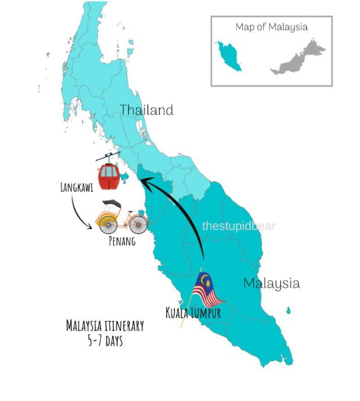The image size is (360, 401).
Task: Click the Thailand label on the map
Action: click(x=147, y=110)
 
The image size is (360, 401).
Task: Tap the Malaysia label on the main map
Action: click(x=271, y=283)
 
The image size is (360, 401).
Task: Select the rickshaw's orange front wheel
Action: click(x=138, y=224)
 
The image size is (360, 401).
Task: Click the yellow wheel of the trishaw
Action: click(x=107, y=223)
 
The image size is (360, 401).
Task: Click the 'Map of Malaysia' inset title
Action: click(x=272, y=27)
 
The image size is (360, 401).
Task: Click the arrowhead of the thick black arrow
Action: click(x=146, y=181)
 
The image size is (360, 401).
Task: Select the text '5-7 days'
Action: click(x=105, y=340)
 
